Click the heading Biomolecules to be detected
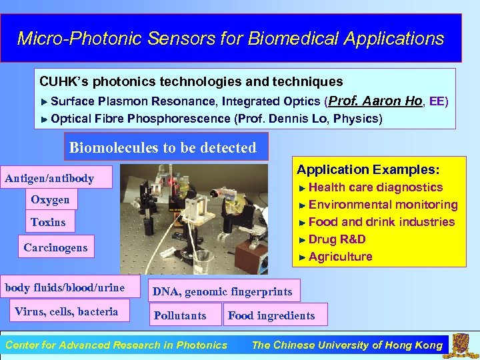pos(163,147)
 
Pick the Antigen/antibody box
pos(49,179)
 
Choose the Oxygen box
pos(50,199)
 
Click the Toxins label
pos(48,222)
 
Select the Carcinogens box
pos(55,247)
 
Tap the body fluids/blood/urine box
pos(65,287)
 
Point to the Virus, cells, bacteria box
pos(66,311)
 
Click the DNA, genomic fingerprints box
pos(222,291)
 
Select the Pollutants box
pos(180,315)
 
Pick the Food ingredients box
pos(271,315)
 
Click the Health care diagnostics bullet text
pos(375,187)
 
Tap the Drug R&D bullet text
pos(337,239)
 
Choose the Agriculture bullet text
pos(340,257)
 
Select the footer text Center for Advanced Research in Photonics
pos(116,345)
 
